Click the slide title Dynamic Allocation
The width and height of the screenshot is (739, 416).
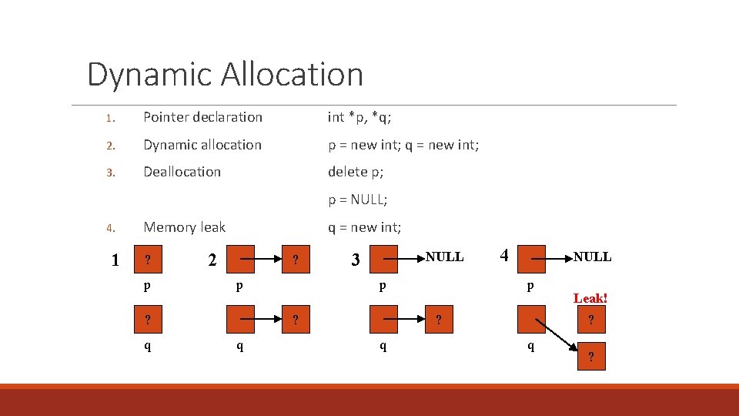225,75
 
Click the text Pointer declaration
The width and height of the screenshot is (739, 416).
202,117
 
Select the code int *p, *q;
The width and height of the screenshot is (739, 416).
359,117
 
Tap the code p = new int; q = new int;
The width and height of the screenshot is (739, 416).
403,145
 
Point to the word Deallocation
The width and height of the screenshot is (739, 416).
182,172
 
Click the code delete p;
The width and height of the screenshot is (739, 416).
356,172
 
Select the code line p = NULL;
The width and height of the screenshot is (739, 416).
357,200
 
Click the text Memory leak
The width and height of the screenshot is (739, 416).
184,227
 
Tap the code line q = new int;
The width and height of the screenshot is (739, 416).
364,227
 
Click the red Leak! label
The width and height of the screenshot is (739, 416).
590,298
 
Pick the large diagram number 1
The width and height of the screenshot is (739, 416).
115,260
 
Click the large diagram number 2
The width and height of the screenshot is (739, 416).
212,260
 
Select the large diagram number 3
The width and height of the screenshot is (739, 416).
355,260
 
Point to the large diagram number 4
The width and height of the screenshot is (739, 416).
504,255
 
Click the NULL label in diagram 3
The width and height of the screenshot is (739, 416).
444,257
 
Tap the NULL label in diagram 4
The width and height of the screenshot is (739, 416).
592,257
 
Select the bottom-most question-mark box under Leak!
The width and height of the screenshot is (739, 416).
590,356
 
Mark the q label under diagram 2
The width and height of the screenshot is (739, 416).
240,346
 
